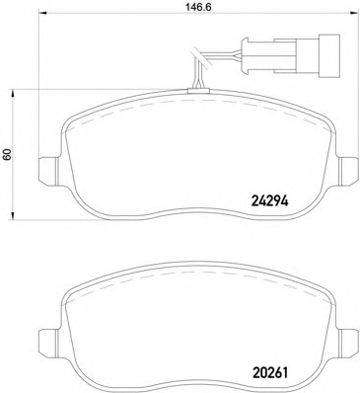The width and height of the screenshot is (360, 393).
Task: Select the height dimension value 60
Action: [x=7, y=154]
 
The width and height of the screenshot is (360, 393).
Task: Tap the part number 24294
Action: [x=269, y=201]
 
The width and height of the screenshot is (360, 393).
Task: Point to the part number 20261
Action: [x=269, y=372]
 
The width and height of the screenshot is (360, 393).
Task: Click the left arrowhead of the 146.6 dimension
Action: [x=43, y=14]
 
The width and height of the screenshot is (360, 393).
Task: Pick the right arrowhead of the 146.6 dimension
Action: [x=354, y=14]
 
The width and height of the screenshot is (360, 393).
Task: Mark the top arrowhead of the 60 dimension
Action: [x=13, y=94]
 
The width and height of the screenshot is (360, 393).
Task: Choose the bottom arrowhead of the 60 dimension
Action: [x=13, y=215]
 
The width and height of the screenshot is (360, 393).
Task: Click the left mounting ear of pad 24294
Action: [x=48, y=171]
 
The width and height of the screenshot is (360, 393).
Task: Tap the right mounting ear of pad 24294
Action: [x=348, y=170]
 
